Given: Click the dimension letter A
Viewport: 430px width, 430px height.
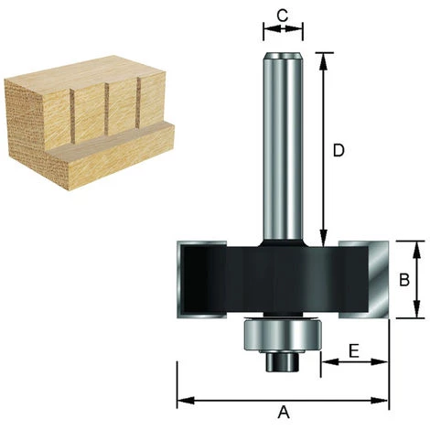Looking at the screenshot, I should pos(283,413).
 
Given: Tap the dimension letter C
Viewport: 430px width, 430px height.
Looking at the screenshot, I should pos(283,15).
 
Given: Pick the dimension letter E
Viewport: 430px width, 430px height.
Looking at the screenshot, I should pos(354,349).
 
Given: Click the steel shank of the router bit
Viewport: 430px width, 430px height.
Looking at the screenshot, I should pos(283,146).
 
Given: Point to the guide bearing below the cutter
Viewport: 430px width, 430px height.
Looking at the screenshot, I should pos(283,334).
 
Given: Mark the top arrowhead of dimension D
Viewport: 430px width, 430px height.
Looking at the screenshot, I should pos(322,57).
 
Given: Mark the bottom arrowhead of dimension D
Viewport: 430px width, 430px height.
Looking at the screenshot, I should pos(322,240).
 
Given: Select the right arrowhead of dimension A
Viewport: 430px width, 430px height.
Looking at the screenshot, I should pos(383,400).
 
